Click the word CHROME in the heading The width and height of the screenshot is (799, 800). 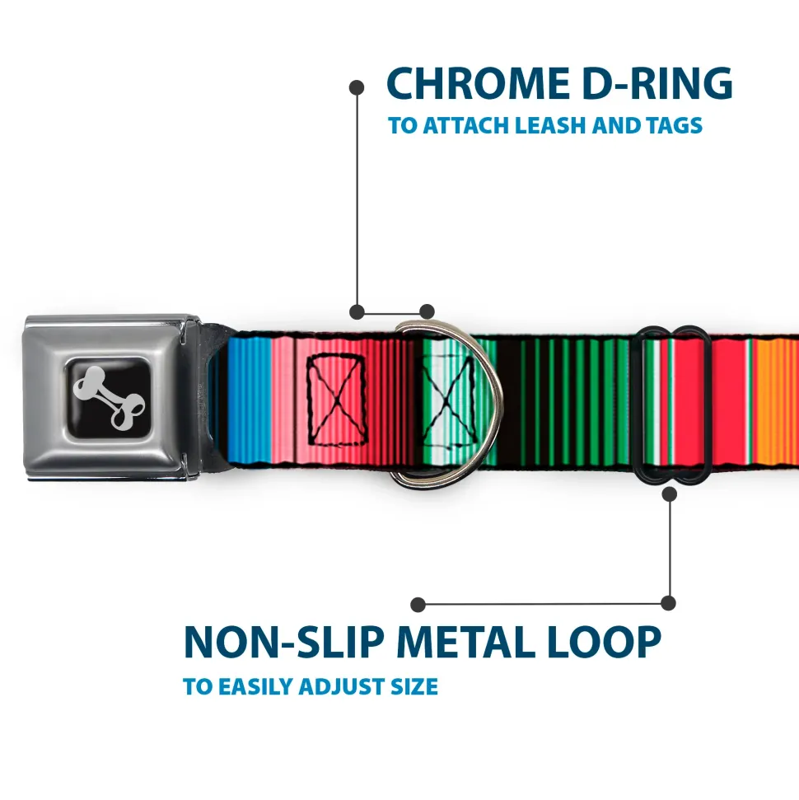[x=479, y=83]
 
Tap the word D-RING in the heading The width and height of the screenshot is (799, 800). [x=657, y=83]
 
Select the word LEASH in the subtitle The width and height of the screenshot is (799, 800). [x=549, y=125]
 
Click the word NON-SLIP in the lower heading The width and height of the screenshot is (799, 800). [x=283, y=642]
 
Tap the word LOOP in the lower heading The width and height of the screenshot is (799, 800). [x=605, y=642]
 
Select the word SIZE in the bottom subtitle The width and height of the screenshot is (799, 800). [x=414, y=687]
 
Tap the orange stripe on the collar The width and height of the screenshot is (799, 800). [x=776, y=401]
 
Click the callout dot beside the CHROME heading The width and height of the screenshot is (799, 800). [x=357, y=88]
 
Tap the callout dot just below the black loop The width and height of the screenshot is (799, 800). [x=670, y=494]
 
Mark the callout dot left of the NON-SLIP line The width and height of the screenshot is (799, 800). [x=418, y=605]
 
